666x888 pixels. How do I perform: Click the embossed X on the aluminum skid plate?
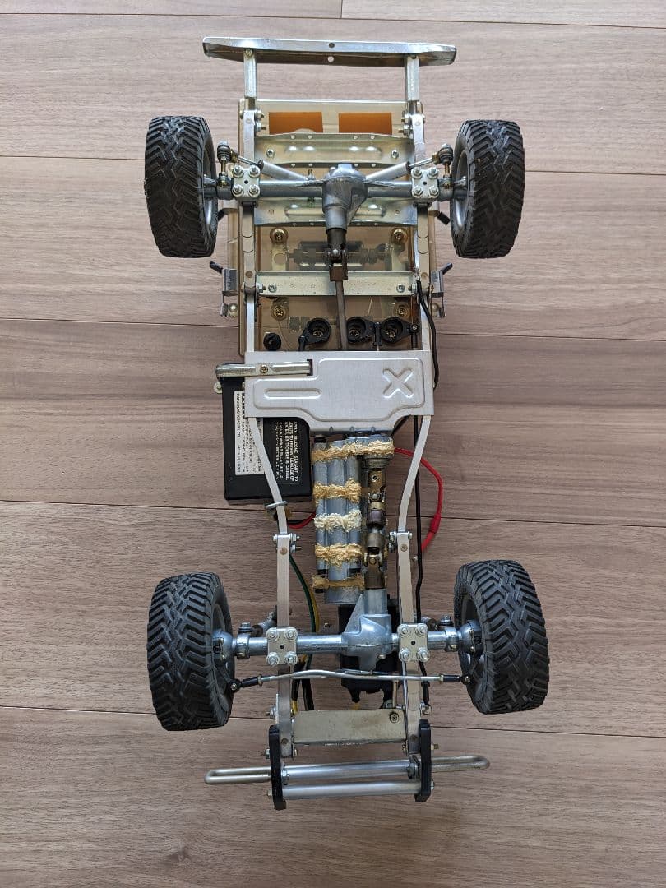click(399, 383)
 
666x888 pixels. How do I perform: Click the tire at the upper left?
click(181, 186)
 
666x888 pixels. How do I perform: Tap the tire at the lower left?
click(189, 650)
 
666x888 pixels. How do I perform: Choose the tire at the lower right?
click(501, 636)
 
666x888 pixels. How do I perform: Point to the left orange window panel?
click(295, 123)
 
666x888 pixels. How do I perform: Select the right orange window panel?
click(365, 123)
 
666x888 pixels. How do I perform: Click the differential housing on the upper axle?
click(338, 190)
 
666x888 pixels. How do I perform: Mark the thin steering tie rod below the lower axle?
click(345, 677)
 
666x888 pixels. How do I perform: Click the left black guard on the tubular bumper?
click(276, 765)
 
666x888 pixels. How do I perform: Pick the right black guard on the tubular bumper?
click(423, 760)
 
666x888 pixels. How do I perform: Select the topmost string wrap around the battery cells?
click(353, 451)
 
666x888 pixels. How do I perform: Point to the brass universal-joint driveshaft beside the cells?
click(377, 518)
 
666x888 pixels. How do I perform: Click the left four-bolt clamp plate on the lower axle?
click(281, 645)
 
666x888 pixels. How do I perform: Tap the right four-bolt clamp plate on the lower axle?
click(414, 641)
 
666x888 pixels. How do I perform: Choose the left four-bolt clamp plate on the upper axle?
click(246, 182)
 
